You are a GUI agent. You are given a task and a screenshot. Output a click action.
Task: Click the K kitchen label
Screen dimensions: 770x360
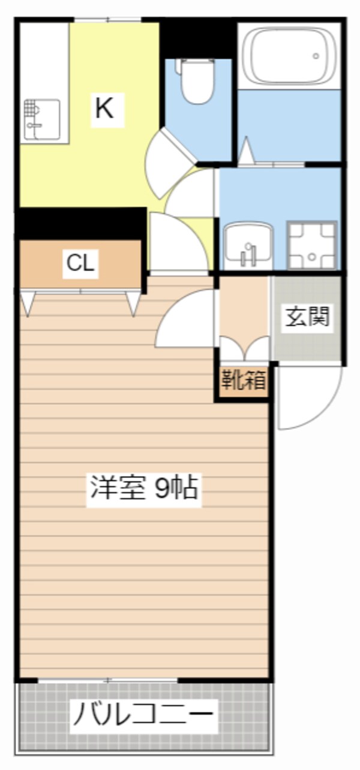point(104,109)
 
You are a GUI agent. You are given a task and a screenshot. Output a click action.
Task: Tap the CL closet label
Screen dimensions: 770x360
point(81,263)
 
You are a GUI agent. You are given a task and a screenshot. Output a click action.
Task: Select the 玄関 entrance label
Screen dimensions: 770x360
point(308,317)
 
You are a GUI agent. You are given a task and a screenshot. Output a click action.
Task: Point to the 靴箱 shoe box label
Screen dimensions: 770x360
point(243,380)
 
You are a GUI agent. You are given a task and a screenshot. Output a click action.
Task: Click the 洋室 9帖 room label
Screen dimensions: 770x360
point(144,488)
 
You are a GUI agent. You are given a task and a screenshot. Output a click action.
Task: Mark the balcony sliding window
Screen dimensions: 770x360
point(108,681)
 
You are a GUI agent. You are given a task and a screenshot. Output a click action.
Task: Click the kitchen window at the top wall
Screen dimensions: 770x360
point(108,20)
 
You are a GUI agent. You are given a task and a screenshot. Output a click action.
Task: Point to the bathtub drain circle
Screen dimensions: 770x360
point(316,56)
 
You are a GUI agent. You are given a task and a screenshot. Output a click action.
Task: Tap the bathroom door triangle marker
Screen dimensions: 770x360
point(246,152)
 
